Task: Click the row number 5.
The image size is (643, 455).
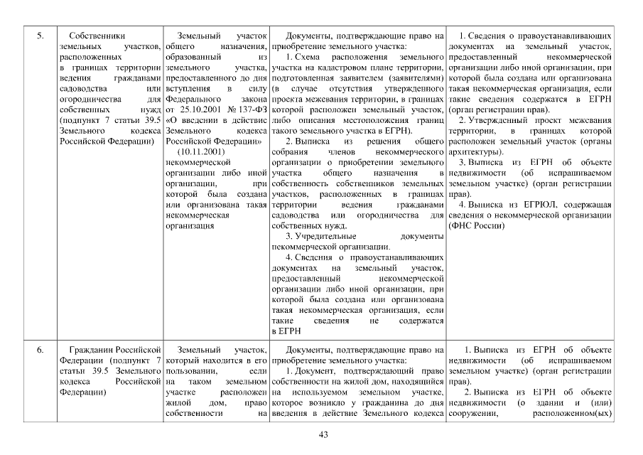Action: [x=40, y=35]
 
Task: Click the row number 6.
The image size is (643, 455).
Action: [x=40, y=350]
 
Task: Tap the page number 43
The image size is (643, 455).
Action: [x=322, y=434]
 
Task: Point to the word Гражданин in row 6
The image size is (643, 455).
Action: [x=92, y=350]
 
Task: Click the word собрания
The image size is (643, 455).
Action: [x=289, y=151]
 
